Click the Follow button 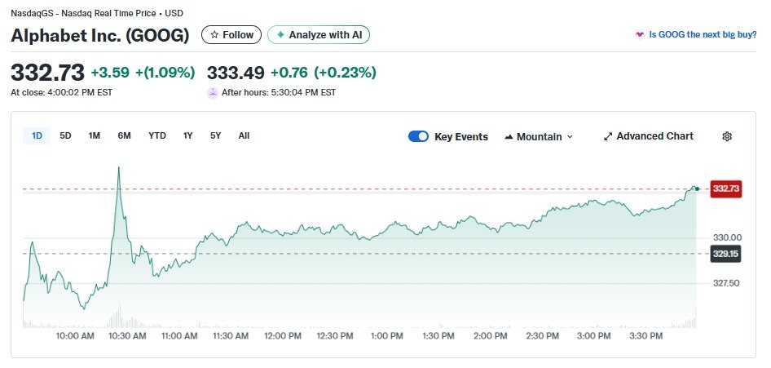click(231, 35)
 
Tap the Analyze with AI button click(319, 35)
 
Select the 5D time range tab click(66, 135)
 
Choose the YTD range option click(157, 135)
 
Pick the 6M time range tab click(124, 135)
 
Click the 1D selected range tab click(37, 135)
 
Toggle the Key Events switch click(418, 136)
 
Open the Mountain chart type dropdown click(539, 136)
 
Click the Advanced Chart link click(648, 136)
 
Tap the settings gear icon click(727, 136)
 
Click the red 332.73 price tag click(725, 188)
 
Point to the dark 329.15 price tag click(725, 254)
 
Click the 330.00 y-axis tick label click(725, 237)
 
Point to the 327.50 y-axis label click(725, 283)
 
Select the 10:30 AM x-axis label click(127, 335)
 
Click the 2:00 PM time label click(491, 335)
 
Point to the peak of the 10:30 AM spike click(119, 167)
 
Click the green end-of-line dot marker click(697, 188)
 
